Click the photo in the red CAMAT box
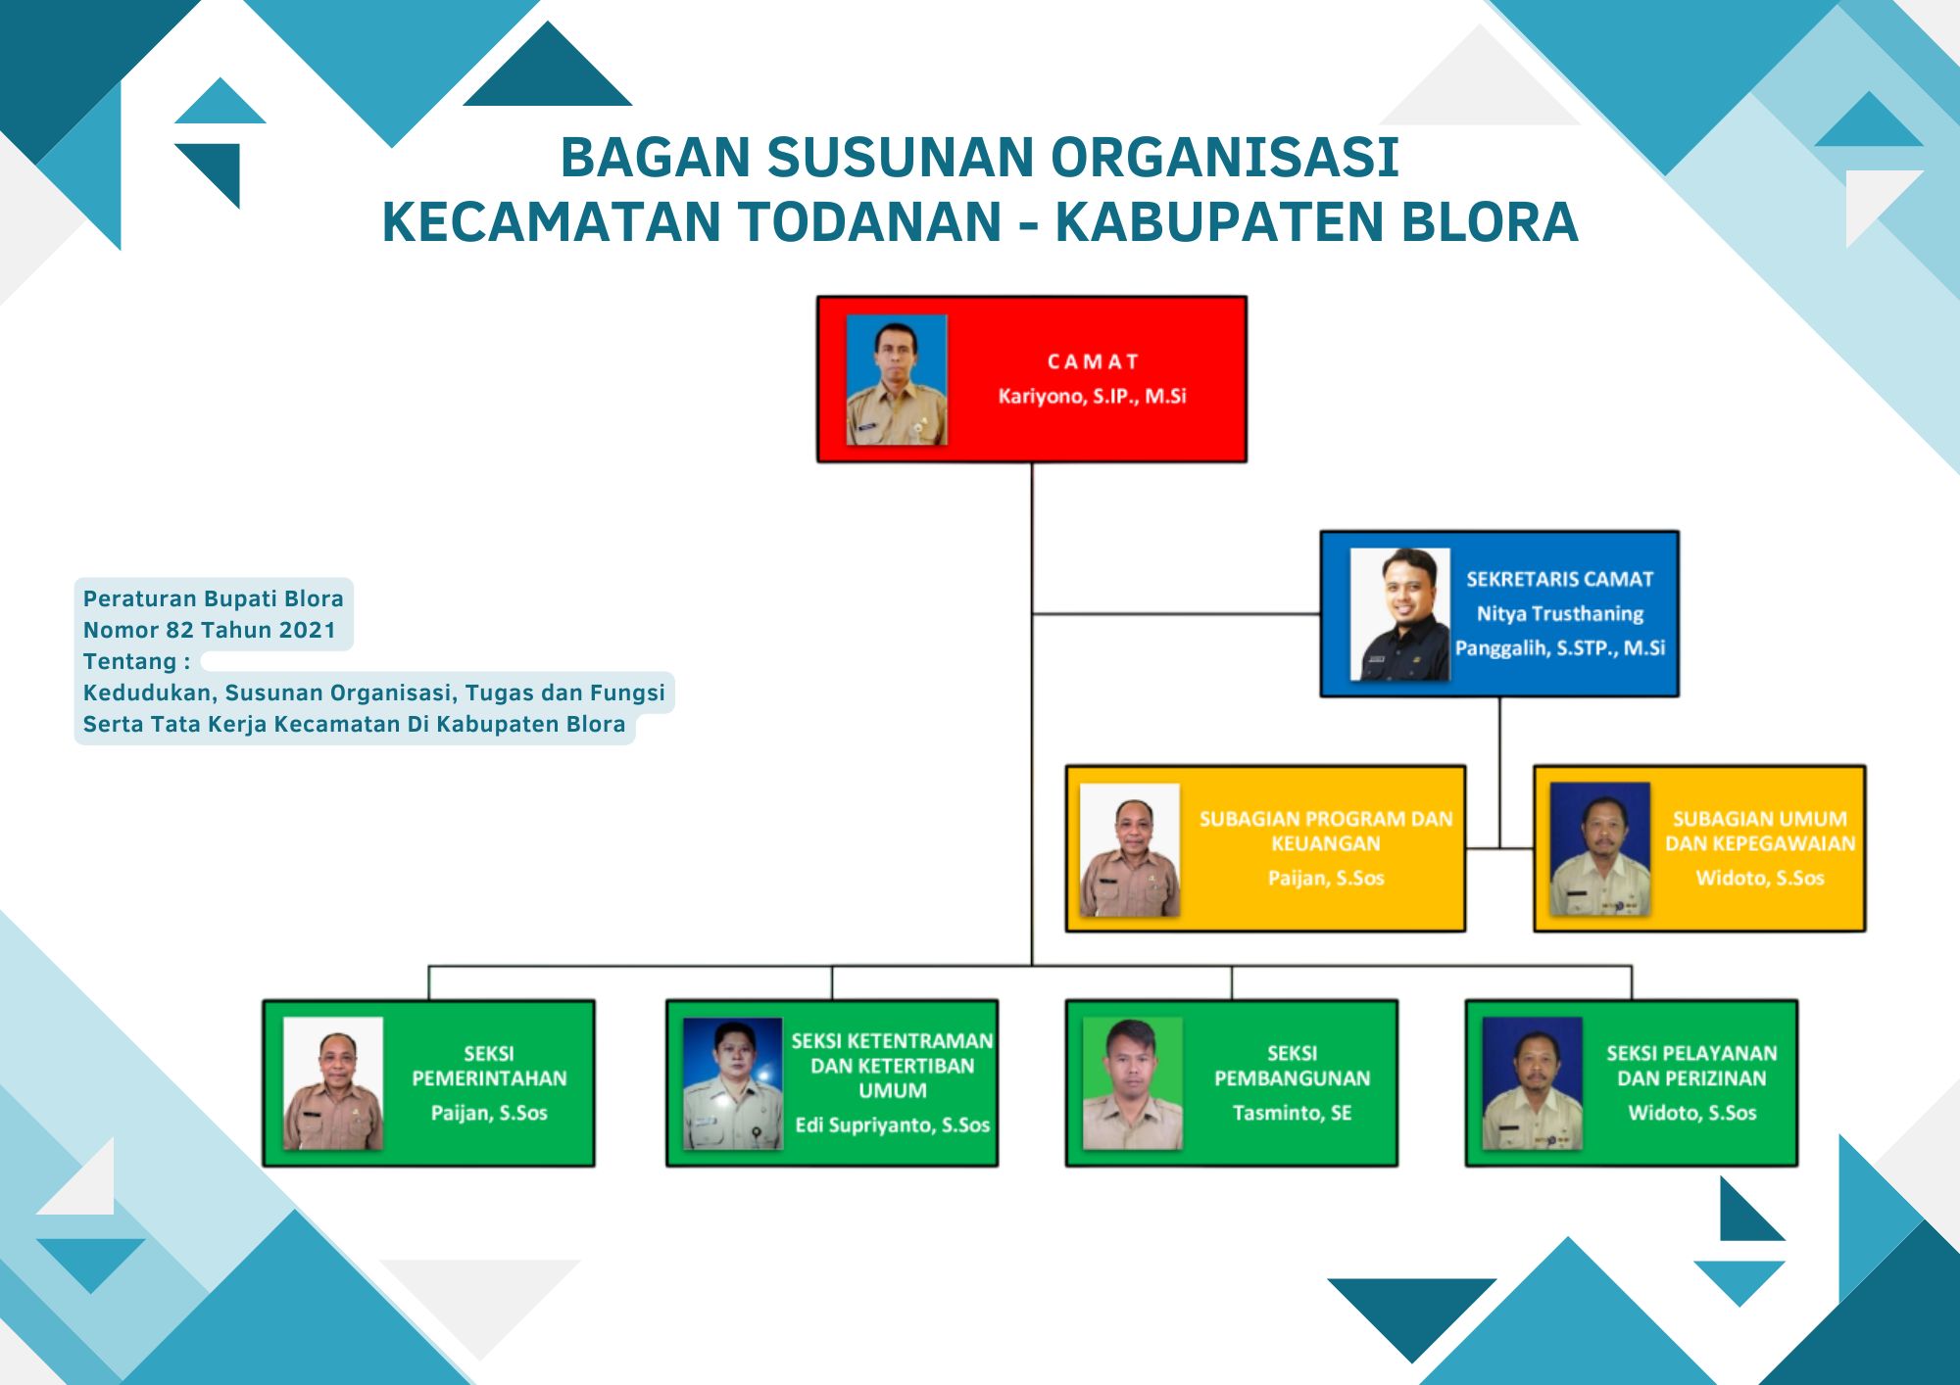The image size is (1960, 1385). [x=897, y=380]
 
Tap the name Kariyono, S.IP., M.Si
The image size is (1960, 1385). [x=1092, y=396]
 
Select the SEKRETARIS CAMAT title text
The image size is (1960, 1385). [x=1559, y=579]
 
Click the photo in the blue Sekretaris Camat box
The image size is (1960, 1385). [x=1399, y=614]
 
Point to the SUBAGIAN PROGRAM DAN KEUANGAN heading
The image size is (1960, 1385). [x=1326, y=831]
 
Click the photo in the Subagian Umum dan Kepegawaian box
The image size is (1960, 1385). [x=1600, y=849]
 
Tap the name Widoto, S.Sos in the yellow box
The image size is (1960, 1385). [x=1760, y=878]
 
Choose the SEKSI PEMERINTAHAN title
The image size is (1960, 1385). [x=489, y=1066]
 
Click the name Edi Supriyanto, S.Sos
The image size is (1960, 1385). [x=892, y=1124]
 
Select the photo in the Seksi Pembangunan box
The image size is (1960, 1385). [x=1133, y=1083]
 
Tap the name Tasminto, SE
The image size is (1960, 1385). [x=1292, y=1113]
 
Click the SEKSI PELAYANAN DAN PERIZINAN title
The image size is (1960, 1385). [x=1691, y=1066]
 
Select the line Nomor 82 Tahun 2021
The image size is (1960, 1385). [x=209, y=630]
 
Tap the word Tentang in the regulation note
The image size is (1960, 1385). [x=130, y=661]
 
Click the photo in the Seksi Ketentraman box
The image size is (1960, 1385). [x=733, y=1083]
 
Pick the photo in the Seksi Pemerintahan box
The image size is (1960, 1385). [x=333, y=1083]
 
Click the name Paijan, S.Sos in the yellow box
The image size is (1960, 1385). [x=1326, y=878]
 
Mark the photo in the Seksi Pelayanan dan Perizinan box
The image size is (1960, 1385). [x=1533, y=1083]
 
